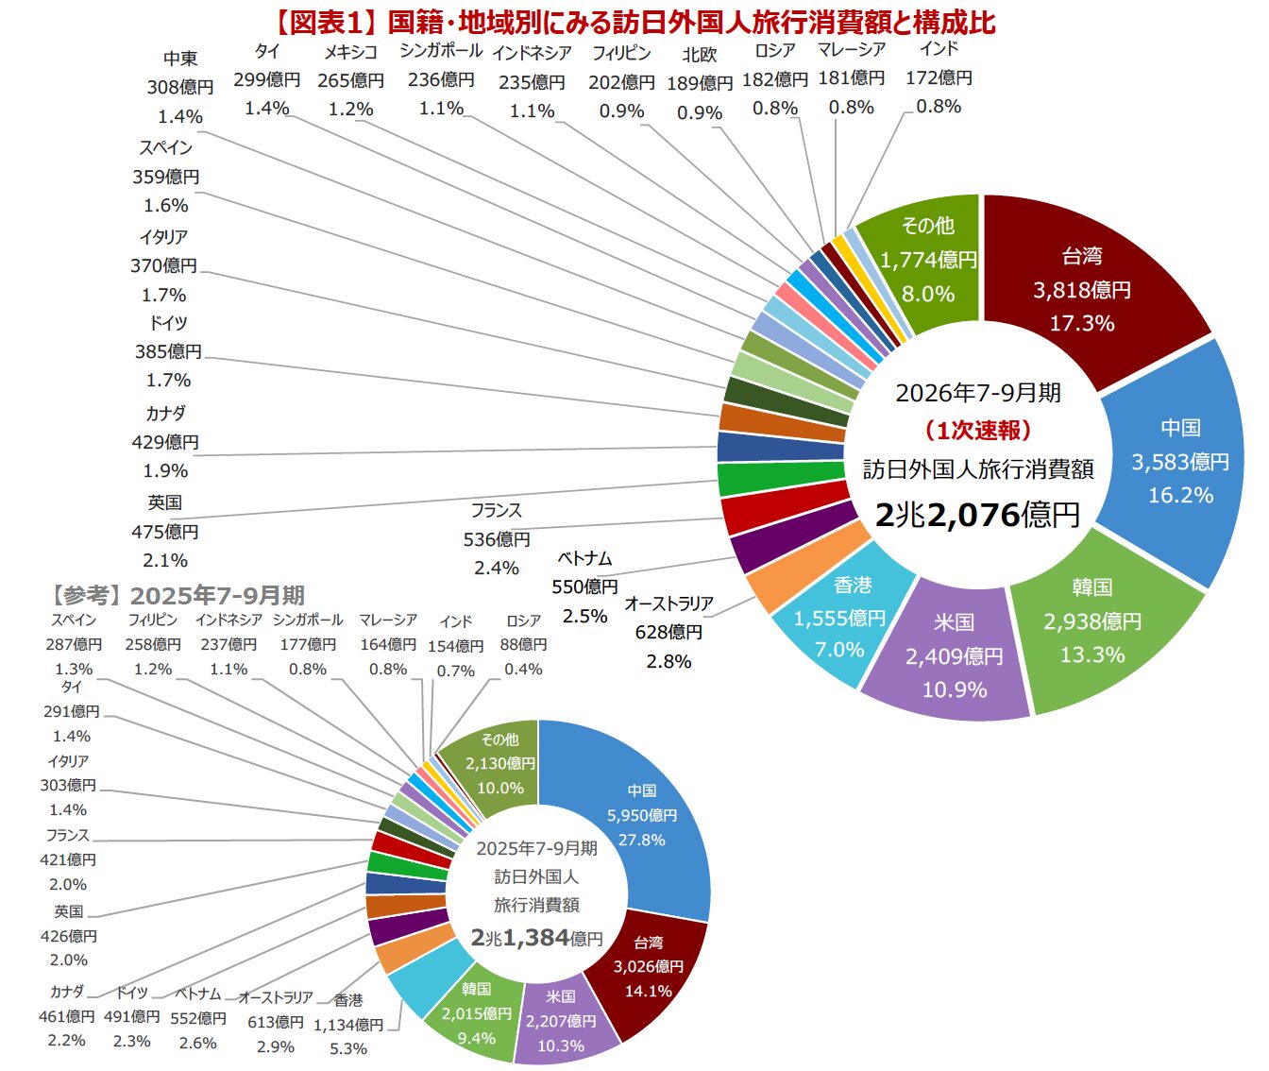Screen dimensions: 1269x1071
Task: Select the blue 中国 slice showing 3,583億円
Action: tap(1176, 462)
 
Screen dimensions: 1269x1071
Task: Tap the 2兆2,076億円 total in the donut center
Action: tap(977, 516)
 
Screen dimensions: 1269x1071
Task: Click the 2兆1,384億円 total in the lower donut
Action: tap(536, 938)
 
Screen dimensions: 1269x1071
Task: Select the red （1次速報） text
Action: tap(978, 431)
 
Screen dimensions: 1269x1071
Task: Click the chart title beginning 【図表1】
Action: tap(634, 23)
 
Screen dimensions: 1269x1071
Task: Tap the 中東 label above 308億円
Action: tap(180, 59)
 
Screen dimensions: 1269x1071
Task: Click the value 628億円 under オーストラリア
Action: tap(668, 632)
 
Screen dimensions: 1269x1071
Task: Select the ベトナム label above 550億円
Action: tap(584, 558)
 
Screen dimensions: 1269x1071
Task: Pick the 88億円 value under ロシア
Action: tap(523, 644)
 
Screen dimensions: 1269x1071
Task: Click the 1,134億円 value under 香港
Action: tap(348, 1025)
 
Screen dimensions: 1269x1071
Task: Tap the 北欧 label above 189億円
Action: tap(700, 55)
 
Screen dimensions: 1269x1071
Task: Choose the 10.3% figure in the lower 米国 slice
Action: tap(560, 1045)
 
